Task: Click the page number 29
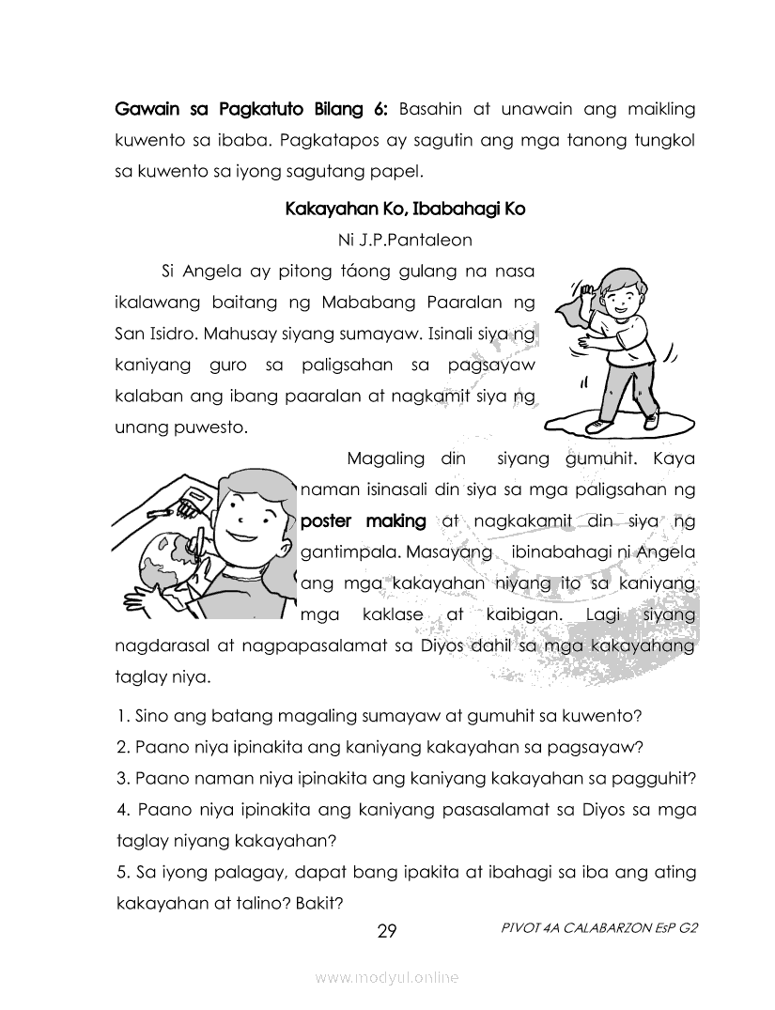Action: pyautogui.click(x=387, y=932)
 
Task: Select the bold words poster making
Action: pyautogui.click(x=364, y=521)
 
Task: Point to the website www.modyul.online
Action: pyautogui.click(x=387, y=978)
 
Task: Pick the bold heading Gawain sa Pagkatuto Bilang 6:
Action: pyautogui.click(x=251, y=109)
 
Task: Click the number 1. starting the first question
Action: pyautogui.click(x=123, y=716)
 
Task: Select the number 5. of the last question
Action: pyautogui.click(x=123, y=873)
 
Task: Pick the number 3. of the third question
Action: pyautogui.click(x=123, y=779)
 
